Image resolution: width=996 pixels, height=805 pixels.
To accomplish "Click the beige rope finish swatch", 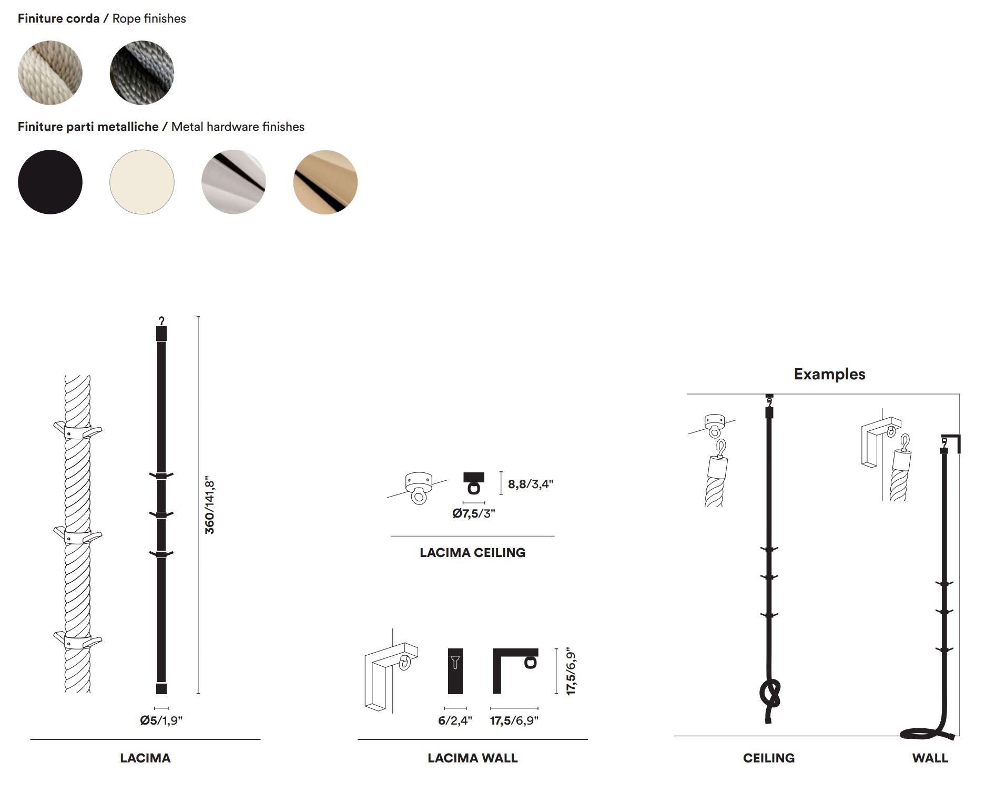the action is tap(50, 73).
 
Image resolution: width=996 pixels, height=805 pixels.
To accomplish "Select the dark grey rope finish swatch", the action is tap(141, 73).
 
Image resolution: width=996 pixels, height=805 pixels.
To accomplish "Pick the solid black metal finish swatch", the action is tap(50, 182).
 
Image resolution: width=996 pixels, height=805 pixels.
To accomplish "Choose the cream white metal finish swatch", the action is tap(141, 182).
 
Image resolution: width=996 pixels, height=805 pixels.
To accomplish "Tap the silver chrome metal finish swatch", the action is tap(233, 182).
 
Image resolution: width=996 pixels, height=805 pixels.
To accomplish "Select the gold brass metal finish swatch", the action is tap(325, 182).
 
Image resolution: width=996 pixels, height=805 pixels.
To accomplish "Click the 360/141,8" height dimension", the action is tap(209, 507).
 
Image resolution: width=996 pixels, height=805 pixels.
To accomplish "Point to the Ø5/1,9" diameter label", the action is tap(161, 720).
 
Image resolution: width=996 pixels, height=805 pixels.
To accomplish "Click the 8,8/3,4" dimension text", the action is tap(530, 484).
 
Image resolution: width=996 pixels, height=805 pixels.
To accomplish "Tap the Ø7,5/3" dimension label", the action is tap(473, 513).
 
